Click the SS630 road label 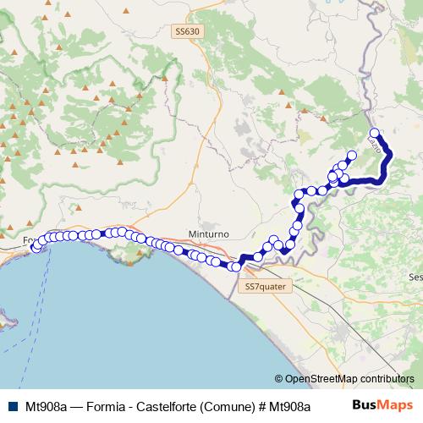pos(187,32)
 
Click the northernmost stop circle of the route pos(374,132)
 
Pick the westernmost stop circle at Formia pos(36,248)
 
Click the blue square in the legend pos(13,404)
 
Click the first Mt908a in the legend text pos(47,404)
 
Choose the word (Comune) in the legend pos(224,404)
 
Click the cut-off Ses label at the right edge pos(415,277)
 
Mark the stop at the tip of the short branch pos(351,156)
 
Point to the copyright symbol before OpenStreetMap pos(279,379)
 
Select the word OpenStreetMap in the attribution pos(320,379)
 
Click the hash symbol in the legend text pos(257,404)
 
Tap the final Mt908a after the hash pos(285,404)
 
